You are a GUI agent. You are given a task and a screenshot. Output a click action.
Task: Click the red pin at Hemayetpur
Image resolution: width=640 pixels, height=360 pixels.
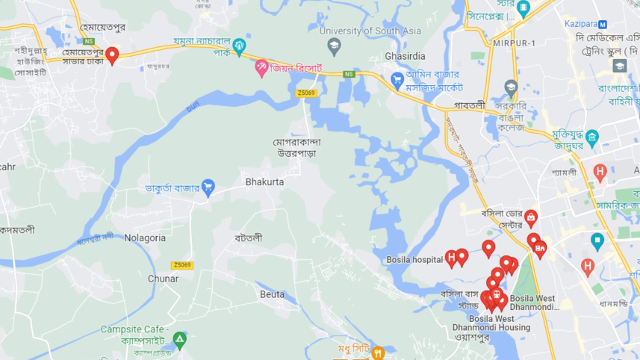[x=112, y=55]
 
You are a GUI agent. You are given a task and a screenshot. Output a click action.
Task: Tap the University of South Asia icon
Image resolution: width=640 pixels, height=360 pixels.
[x=333, y=45]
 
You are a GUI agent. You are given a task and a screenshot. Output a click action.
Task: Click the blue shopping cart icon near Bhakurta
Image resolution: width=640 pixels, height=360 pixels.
[x=208, y=187]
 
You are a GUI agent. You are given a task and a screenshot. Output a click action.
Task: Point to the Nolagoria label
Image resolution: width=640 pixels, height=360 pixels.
[x=145, y=238]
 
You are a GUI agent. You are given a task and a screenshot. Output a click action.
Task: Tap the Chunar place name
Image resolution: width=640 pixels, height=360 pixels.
[x=163, y=279]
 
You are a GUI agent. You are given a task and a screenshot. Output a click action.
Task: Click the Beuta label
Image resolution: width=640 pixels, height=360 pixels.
[x=272, y=294]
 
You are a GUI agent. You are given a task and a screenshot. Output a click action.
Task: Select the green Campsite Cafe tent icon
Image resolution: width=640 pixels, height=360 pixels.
[x=179, y=341]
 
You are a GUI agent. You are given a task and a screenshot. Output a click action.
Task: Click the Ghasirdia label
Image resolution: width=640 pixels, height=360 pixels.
[x=405, y=56]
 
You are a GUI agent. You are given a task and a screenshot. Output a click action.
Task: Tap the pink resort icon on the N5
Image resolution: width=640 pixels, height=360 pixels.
[x=261, y=68]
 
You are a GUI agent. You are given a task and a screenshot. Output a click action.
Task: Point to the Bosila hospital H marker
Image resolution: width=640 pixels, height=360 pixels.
[x=450, y=259]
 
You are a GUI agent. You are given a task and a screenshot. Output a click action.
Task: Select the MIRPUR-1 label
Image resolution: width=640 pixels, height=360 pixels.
[x=514, y=43]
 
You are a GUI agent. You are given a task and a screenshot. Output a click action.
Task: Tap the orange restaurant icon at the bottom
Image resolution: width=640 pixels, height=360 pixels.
[x=378, y=351]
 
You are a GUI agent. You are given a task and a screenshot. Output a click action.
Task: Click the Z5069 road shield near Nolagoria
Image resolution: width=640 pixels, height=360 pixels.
[x=181, y=265]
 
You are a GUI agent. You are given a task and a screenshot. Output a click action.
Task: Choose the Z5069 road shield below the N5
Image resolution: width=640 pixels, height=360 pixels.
[x=305, y=93]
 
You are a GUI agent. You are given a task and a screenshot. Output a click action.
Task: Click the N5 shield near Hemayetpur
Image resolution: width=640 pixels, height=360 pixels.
[x=89, y=42]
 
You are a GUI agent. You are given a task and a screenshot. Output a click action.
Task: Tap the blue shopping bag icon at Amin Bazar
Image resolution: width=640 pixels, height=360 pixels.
[x=397, y=78]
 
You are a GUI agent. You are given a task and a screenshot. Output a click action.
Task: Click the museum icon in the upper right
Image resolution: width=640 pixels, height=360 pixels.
[x=592, y=137]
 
